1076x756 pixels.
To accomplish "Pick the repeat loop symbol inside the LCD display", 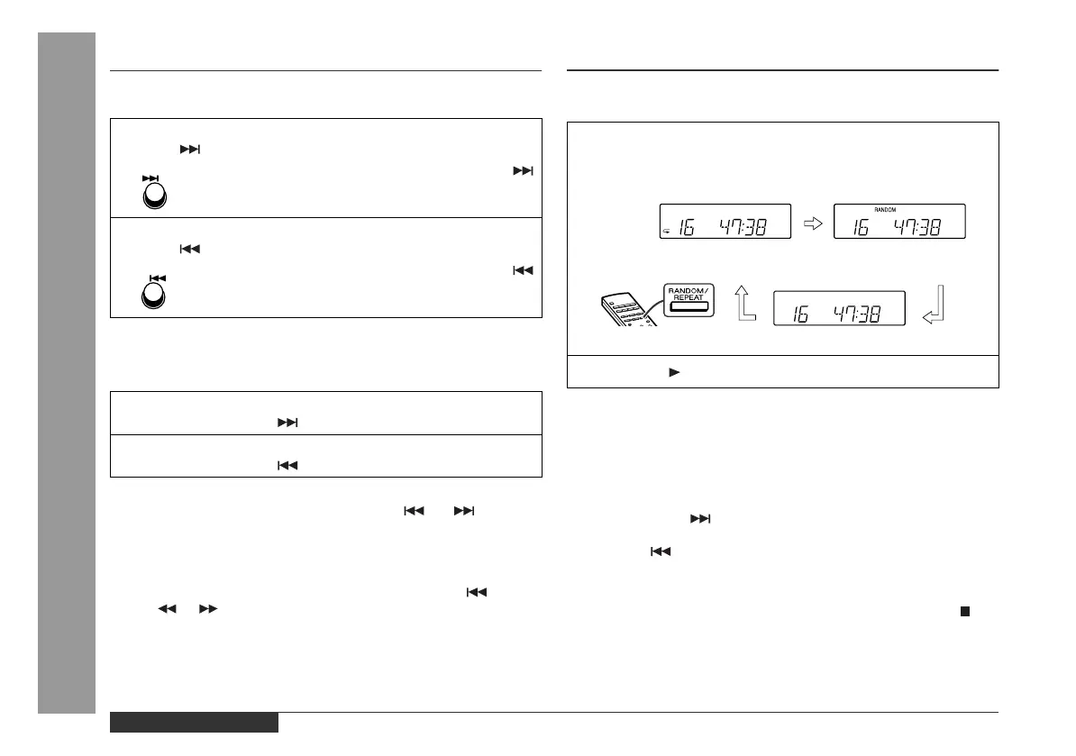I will (x=665, y=231).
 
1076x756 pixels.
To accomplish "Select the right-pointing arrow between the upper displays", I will (x=812, y=220).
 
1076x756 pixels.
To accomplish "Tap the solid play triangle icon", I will (x=672, y=371).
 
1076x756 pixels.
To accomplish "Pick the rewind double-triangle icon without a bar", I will (x=166, y=610).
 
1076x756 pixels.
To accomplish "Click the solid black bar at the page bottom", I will (x=194, y=723).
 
